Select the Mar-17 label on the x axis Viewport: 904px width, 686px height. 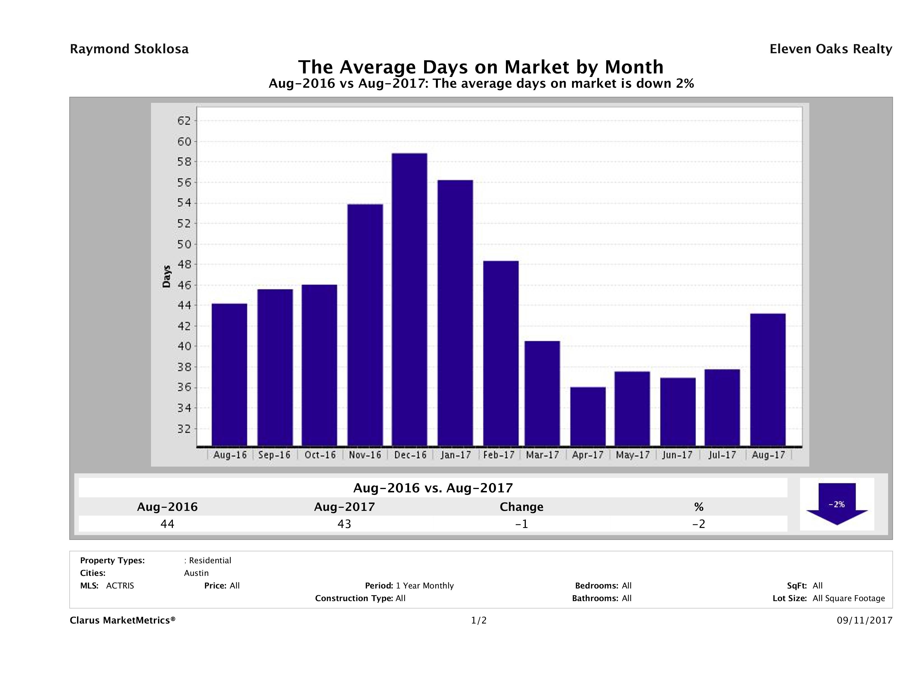click(x=542, y=455)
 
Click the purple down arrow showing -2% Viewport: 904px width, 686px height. click(x=836, y=504)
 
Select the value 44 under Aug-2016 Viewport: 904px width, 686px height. click(x=167, y=524)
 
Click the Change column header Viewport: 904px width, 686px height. click(x=522, y=507)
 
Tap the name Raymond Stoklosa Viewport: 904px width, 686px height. click(x=129, y=49)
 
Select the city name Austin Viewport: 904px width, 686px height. click(x=196, y=573)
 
